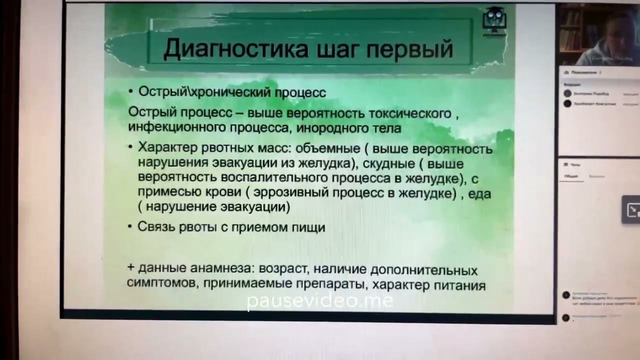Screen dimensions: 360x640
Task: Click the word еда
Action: tap(481, 193)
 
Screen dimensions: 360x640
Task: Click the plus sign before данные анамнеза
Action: tap(130, 268)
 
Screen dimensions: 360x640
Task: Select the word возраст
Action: tap(282, 269)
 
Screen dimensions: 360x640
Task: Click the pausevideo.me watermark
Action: tap(320, 300)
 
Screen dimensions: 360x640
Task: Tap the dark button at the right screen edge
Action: tap(631, 209)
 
